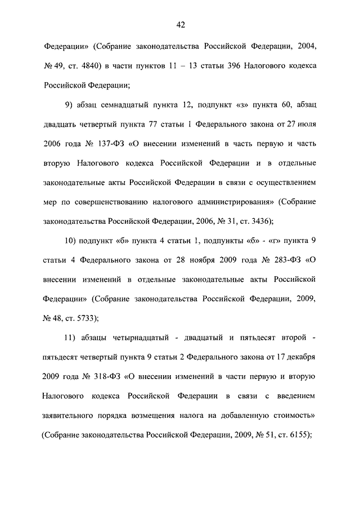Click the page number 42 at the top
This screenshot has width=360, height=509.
180,25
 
